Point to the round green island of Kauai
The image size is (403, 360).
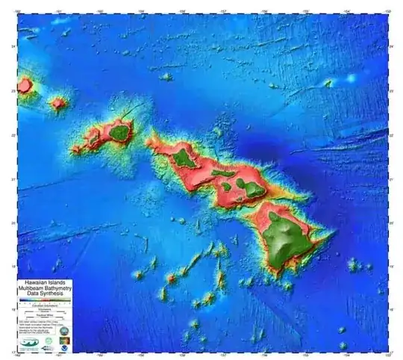point(119,133)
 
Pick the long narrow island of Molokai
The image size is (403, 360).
point(222,173)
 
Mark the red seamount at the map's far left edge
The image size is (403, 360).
point(25,85)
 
